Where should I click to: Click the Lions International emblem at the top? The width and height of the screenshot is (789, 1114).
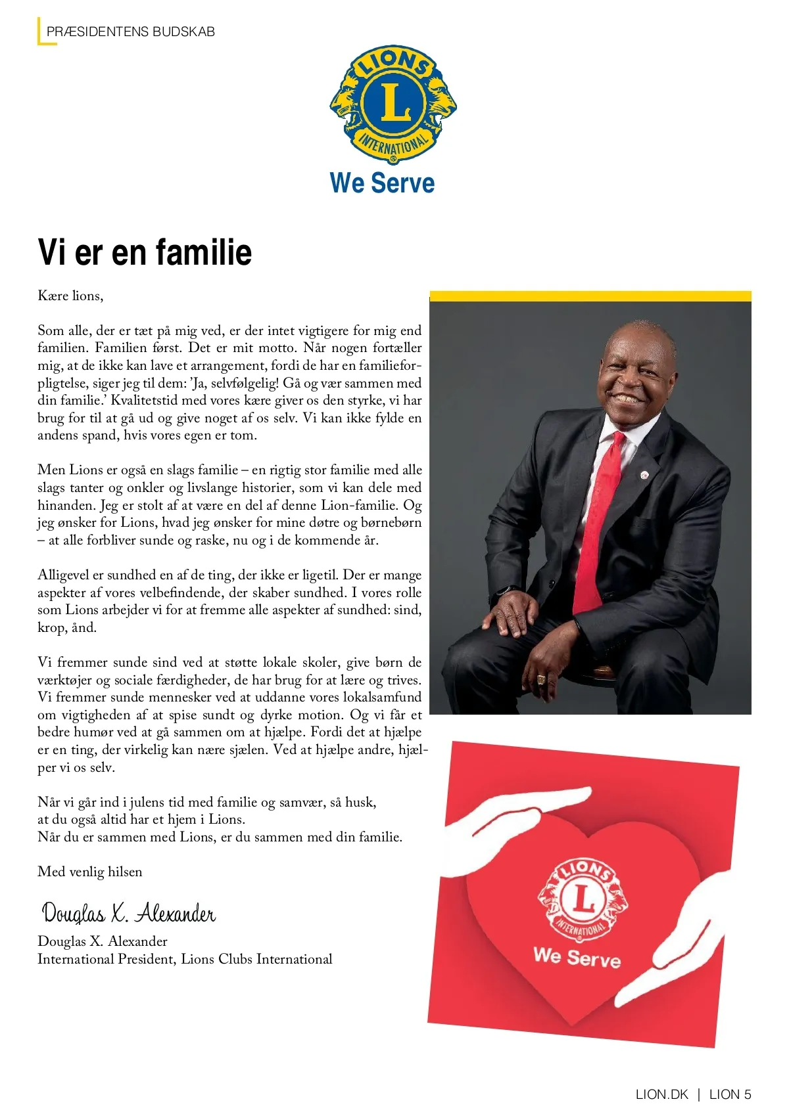393,104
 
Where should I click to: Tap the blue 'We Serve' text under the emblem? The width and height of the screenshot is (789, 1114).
382,183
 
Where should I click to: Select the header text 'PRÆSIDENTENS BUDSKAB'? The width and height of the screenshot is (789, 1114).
131,32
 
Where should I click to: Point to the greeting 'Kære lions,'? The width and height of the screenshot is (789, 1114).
70,296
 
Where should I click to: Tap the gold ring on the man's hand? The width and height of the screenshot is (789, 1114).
541,679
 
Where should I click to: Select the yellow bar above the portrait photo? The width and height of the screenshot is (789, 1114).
590,296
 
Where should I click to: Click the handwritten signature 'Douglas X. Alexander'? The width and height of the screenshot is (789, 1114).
129,913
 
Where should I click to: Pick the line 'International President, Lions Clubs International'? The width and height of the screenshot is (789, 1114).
185,959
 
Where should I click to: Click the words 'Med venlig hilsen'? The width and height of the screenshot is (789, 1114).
90,872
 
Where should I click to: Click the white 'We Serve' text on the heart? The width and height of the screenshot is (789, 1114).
577,957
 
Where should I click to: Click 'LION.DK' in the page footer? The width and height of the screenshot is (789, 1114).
661,1094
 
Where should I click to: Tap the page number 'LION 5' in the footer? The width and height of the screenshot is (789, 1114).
730,1094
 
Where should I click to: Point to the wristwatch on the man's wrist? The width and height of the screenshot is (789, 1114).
502,590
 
